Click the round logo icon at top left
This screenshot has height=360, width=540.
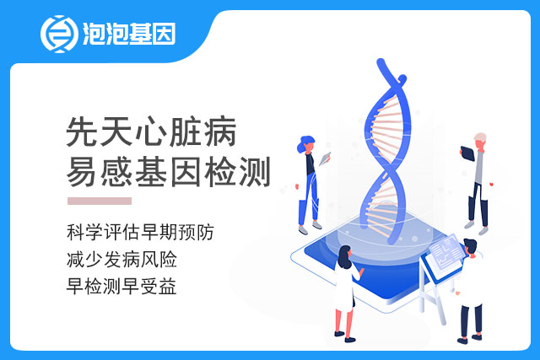[x=59, y=34]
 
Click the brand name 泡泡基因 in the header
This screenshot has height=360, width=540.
[x=129, y=34]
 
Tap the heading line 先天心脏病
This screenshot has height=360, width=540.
[x=151, y=132]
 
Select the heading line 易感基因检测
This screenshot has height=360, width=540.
[x=168, y=172]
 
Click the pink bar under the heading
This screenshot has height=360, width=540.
[x=100, y=201]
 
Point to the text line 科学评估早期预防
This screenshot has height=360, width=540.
[x=140, y=232]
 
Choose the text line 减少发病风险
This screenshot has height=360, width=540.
[x=121, y=259]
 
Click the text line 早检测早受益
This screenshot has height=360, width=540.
[x=121, y=287]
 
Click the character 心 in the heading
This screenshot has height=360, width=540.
[x=151, y=132]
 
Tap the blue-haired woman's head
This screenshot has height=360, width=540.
[x=306, y=144]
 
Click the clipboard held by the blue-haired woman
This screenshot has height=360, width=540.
[x=325, y=159]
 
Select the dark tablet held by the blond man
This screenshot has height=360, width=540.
[x=467, y=153]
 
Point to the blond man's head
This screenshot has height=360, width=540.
[x=480, y=140]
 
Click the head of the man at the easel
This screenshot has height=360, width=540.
[x=471, y=246]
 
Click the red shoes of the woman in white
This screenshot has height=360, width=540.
[x=345, y=337]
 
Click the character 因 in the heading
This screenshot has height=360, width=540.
[x=186, y=172]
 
